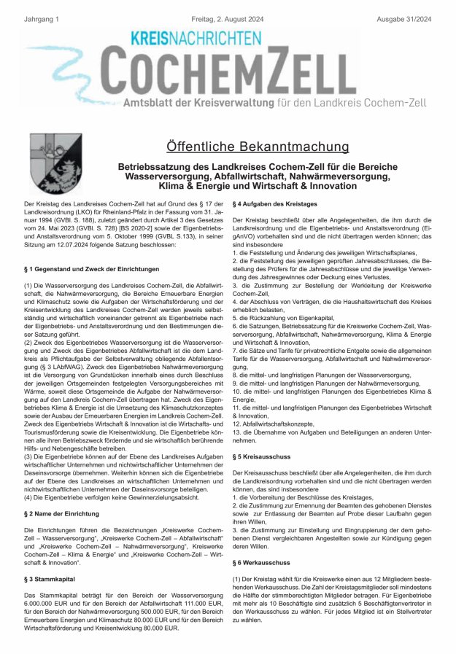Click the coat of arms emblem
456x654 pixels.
(x=50, y=163)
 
